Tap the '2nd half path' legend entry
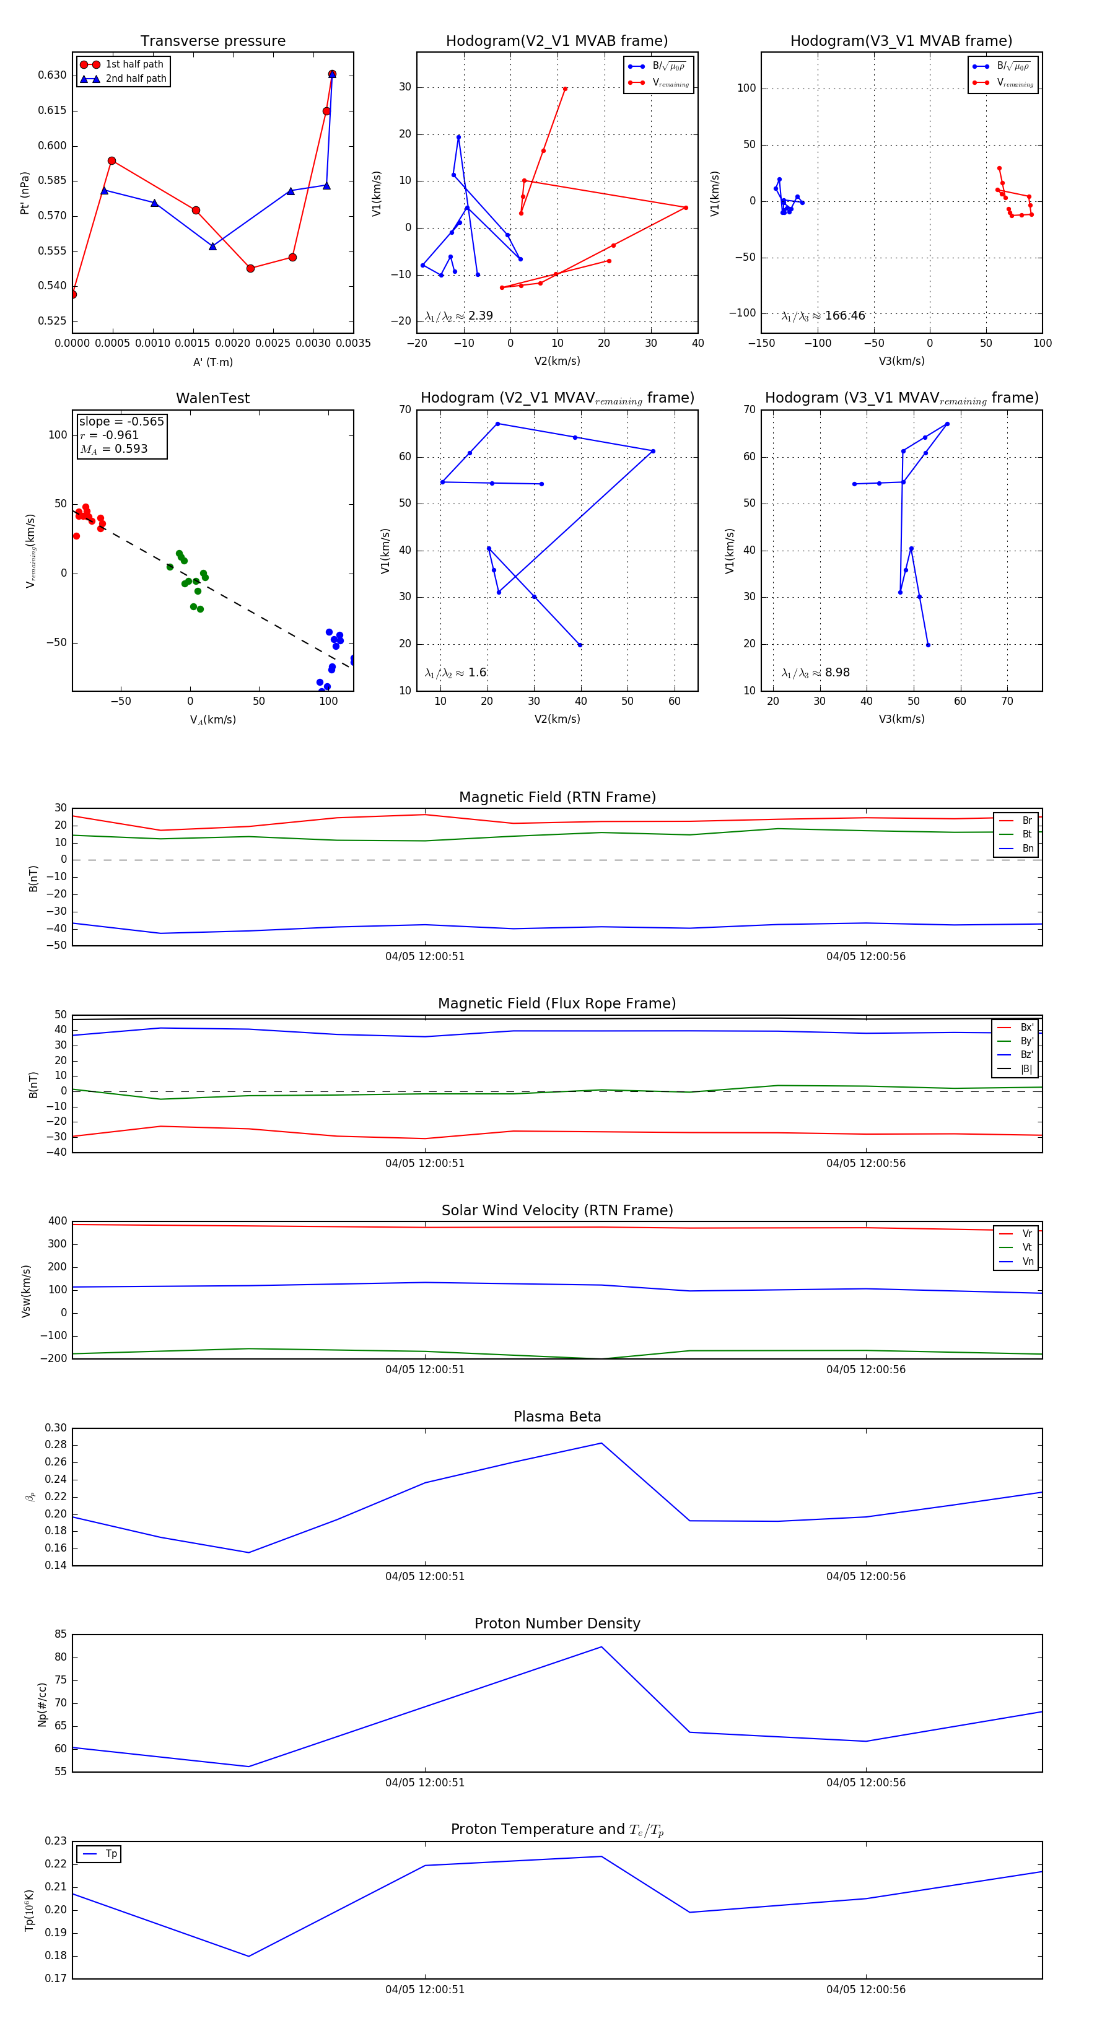[x=136, y=79]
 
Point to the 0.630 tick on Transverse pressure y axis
[x=53, y=76]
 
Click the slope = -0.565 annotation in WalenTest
[x=121, y=421]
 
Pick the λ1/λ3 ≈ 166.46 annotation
[x=823, y=316]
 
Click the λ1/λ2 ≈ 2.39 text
[x=458, y=316]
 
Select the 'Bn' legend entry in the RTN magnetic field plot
[x=1027, y=848]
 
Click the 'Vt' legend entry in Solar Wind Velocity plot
[x=1027, y=1247]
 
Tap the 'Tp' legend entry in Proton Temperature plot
[x=111, y=1854]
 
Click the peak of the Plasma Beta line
[x=601, y=1443]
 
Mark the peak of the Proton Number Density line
[x=601, y=1646]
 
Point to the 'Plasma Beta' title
[x=557, y=1417]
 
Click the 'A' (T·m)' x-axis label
[x=212, y=362]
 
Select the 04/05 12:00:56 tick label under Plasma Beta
[x=865, y=1576]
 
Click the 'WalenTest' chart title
[x=212, y=398]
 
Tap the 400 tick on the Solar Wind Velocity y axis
[x=57, y=1221]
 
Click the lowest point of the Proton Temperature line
[x=249, y=1956]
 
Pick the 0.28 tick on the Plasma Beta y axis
[x=56, y=1445]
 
